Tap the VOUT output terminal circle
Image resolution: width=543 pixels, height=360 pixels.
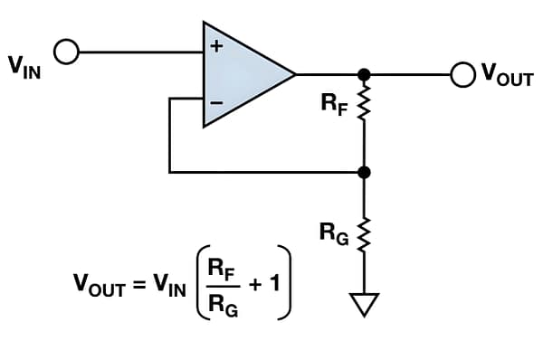(x=462, y=74)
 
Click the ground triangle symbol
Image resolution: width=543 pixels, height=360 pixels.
(x=364, y=306)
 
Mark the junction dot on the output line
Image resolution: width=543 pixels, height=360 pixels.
(x=364, y=74)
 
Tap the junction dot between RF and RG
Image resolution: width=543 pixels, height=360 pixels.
(x=364, y=171)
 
